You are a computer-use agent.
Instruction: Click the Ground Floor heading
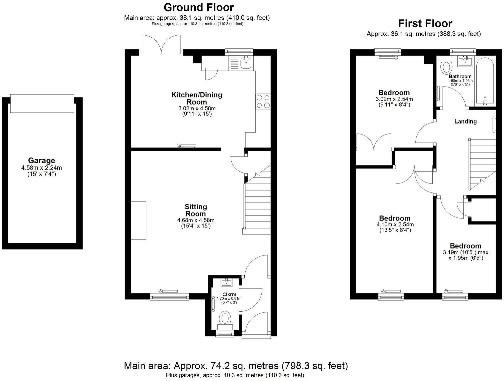coord(198,7)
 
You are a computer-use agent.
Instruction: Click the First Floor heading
coord(425,24)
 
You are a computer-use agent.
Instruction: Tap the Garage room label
coord(41,161)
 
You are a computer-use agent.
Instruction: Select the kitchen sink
coord(246,63)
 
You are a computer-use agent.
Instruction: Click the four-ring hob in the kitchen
coord(263,101)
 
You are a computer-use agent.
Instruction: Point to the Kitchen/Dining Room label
coord(196,98)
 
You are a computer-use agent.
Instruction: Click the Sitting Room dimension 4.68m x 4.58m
coord(196,220)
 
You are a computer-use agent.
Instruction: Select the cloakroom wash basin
coord(227,283)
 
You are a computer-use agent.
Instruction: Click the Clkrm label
coord(229,294)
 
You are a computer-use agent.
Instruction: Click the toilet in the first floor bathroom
coord(445,67)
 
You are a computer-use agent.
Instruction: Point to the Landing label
coord(465,122)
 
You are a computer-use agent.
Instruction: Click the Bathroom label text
coord(460,76)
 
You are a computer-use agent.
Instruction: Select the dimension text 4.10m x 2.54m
coord(395,224)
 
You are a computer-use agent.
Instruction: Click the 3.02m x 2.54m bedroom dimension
coord(394,99)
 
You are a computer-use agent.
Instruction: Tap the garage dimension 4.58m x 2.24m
coord(41,168)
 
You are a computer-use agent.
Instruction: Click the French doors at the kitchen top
coord(162,45)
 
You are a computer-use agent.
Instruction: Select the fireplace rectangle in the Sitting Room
coord(138,220)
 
